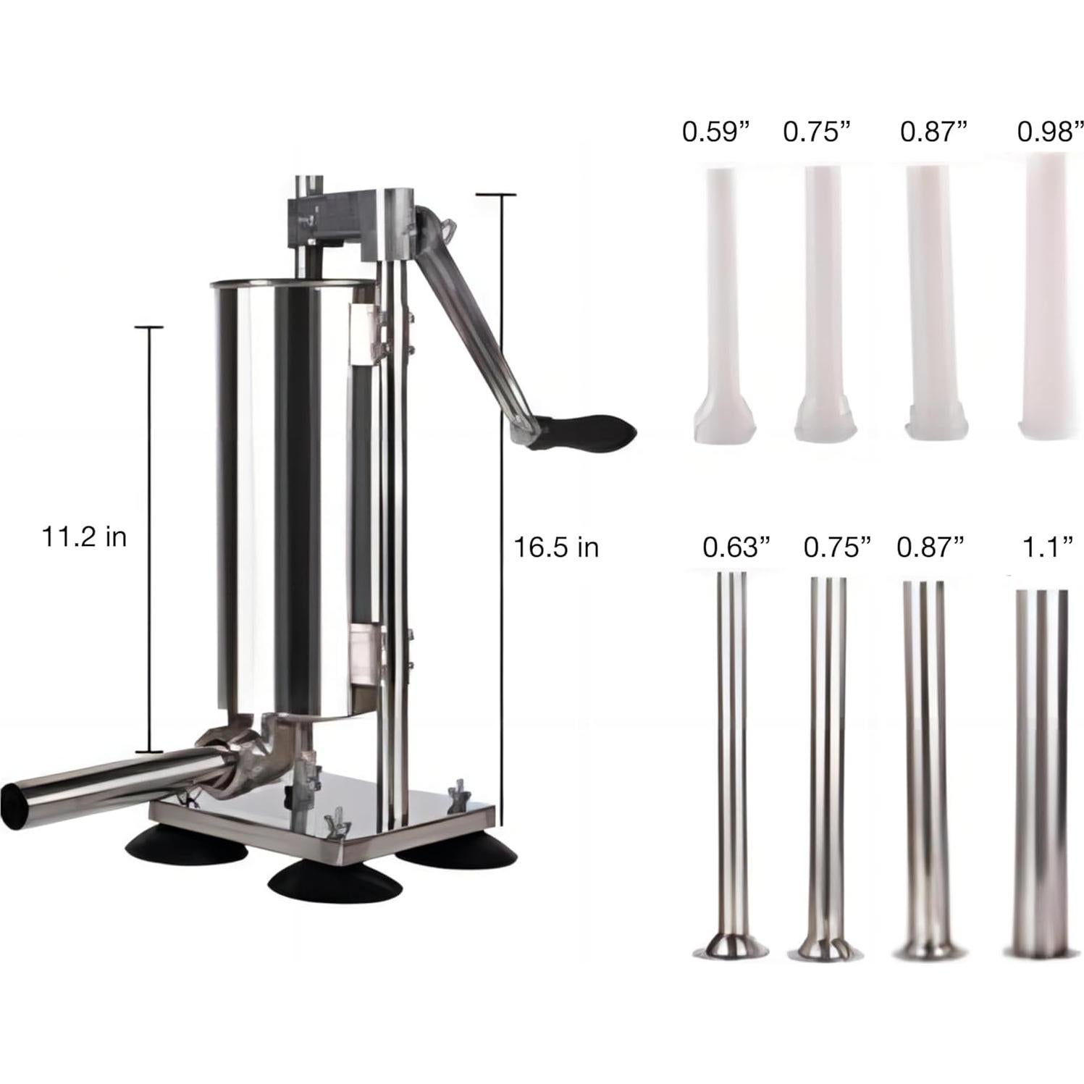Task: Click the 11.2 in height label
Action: click(84, 537)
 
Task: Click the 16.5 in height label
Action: click(555, 547)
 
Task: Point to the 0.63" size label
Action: click(735, 547)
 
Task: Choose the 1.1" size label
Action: click(1041, 547)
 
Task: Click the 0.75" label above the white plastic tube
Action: click(816, 132)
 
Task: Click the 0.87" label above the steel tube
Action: click(930, 547)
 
